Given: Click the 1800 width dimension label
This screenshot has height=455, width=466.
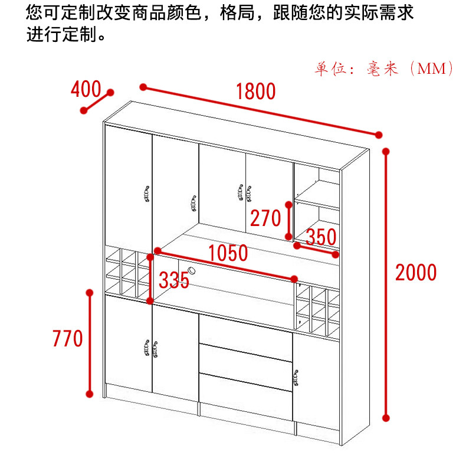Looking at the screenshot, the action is [255, 91].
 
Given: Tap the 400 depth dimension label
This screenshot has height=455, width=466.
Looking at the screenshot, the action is [86, 89].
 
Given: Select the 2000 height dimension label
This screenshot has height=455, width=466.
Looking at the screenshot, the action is [416, 273].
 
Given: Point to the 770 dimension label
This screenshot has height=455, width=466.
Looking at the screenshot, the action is [68, 339].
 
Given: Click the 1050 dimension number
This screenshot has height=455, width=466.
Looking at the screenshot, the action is [228, 253].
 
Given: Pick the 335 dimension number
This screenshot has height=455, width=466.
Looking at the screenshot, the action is [174, 280].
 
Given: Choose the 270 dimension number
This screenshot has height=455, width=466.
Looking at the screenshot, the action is [265, 218].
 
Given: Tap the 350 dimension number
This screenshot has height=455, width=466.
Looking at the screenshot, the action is [321, 237].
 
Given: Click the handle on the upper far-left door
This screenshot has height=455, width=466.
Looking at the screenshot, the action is [145, 195].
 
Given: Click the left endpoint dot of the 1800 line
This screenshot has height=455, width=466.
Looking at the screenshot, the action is [143, 87].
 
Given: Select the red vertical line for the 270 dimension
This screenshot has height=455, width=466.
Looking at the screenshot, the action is [288, 221].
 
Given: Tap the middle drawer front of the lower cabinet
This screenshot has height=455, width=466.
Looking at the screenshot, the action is [245, 361].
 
